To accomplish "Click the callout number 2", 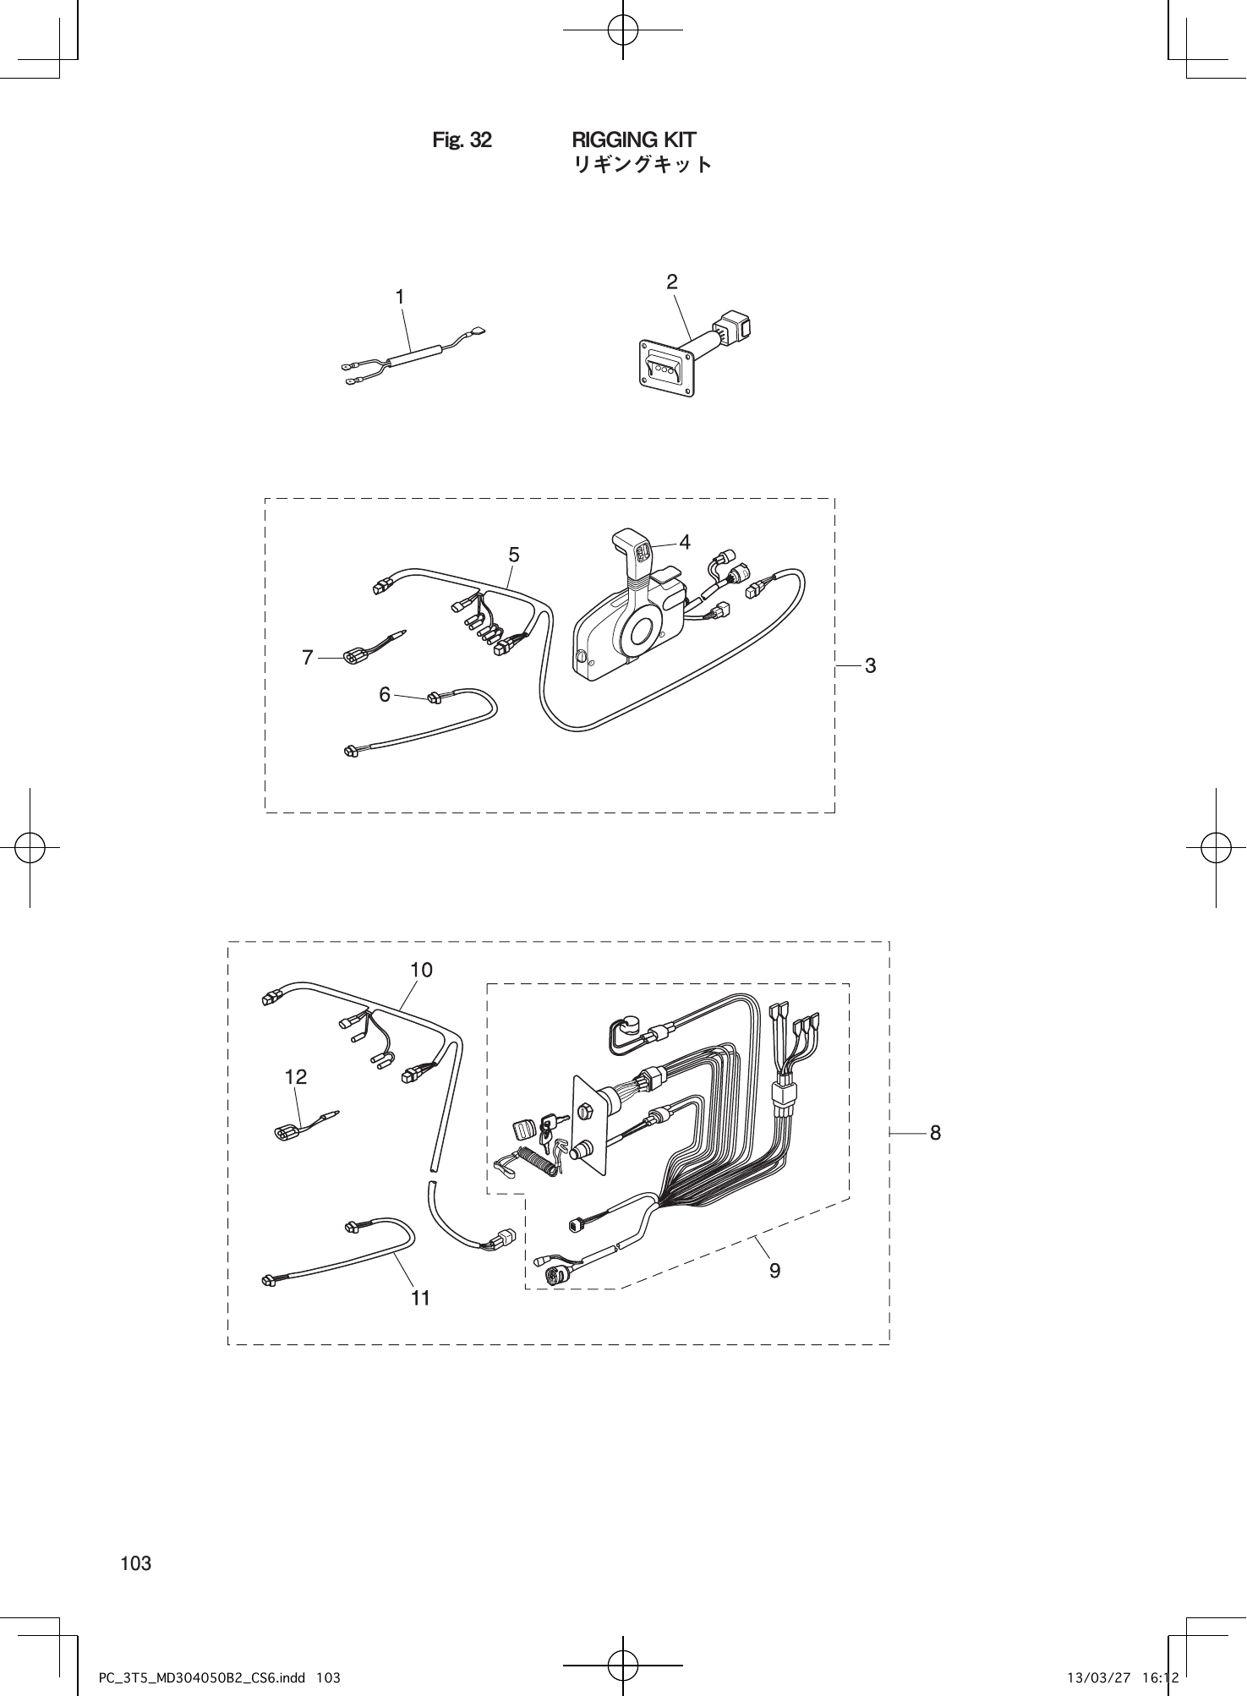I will click(672, 282).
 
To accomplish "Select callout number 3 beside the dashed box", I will click(870, 665).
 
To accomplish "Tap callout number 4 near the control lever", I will click(685, 543).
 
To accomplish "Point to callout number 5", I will click(514, 555).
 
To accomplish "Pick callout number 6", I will click(385, 694).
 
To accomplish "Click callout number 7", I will click(308, 657).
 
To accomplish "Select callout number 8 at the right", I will click(935, 1132).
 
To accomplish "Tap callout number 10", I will click(421, 970).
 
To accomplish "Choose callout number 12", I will click(296, 1076).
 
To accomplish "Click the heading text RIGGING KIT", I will click(634, 140).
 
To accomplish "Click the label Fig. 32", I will click(462, 140).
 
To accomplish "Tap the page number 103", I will click(136, 1563).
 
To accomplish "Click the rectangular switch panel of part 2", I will click(667, 368).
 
